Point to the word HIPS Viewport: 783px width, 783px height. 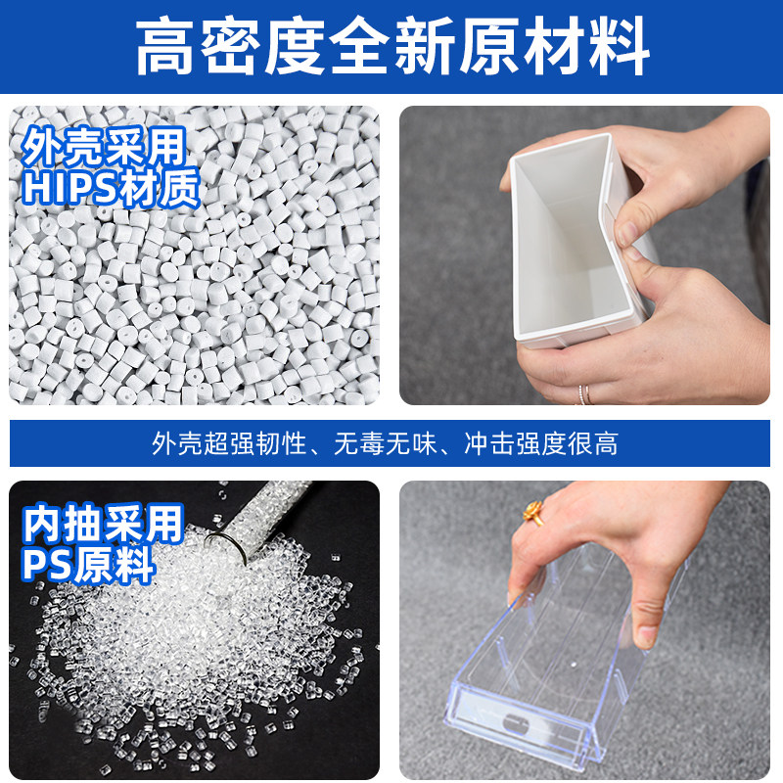pyautogui.click(x=73, y=188)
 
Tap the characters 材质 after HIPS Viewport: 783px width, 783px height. pyautogui.click(x=163, y=188)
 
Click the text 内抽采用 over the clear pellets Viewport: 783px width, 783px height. pyautogui.click(x=103, y=524)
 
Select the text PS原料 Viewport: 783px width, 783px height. pyautogui.click(x=88, y=565)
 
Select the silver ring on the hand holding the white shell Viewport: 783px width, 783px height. pyautogui.click(x=584, y=394)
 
